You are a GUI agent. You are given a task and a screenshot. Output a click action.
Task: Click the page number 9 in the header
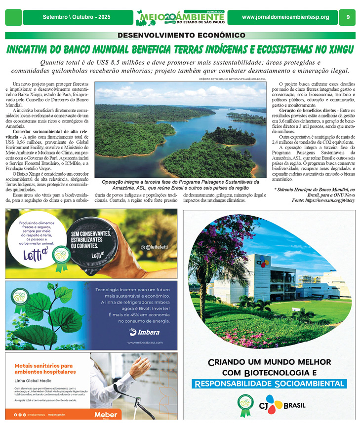coord(348,17)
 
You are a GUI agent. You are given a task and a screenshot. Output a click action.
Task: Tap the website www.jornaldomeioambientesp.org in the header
coord(285,17)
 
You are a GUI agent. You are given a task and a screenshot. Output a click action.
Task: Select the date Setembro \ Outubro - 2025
coord(77,17)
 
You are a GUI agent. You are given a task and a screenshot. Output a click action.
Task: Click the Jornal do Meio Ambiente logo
coord(180,17)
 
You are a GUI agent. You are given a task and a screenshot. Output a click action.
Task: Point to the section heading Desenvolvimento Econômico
coord(181,36)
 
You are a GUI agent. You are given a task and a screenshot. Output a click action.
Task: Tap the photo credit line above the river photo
coord(233,79)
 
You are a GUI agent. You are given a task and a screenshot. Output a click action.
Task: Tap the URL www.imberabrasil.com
coord(145,343)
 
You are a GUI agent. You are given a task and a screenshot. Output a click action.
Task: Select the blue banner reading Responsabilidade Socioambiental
coord(269,384)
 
